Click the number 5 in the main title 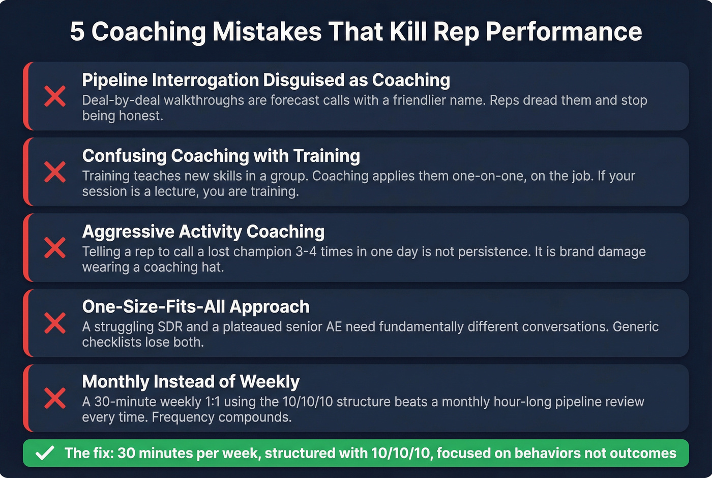(77, 32)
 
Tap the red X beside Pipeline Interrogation (55, 96)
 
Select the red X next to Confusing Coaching (55, 172)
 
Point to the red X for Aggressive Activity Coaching (55, 247)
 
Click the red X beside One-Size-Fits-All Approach (55, 323)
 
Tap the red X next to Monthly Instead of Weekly (55, 398)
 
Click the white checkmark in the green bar (45, 453)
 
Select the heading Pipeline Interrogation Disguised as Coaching (266, 80)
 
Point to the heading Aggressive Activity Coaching (203, 232)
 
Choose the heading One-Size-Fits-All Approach (196, 306)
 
